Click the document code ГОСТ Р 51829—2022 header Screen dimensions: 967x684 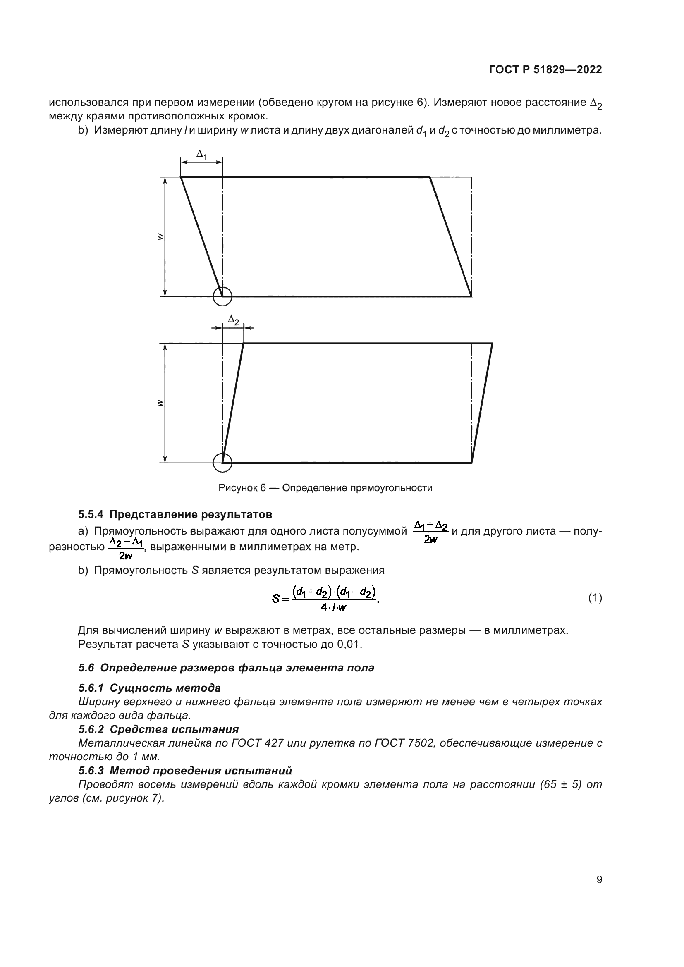545,70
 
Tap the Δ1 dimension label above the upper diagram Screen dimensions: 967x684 202,155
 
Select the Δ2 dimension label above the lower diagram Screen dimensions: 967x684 233,320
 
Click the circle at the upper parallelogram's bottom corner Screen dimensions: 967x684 222,296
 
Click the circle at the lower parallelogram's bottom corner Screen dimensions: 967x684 222,463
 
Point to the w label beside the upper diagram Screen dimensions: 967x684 159,237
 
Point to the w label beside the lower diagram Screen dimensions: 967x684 159,403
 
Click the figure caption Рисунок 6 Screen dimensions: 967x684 325,488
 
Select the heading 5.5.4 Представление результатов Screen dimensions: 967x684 175,514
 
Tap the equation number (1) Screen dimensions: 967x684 595,598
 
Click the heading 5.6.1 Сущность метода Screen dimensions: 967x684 150,688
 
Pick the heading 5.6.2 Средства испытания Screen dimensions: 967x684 158,729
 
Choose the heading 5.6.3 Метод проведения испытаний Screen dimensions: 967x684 185,770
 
